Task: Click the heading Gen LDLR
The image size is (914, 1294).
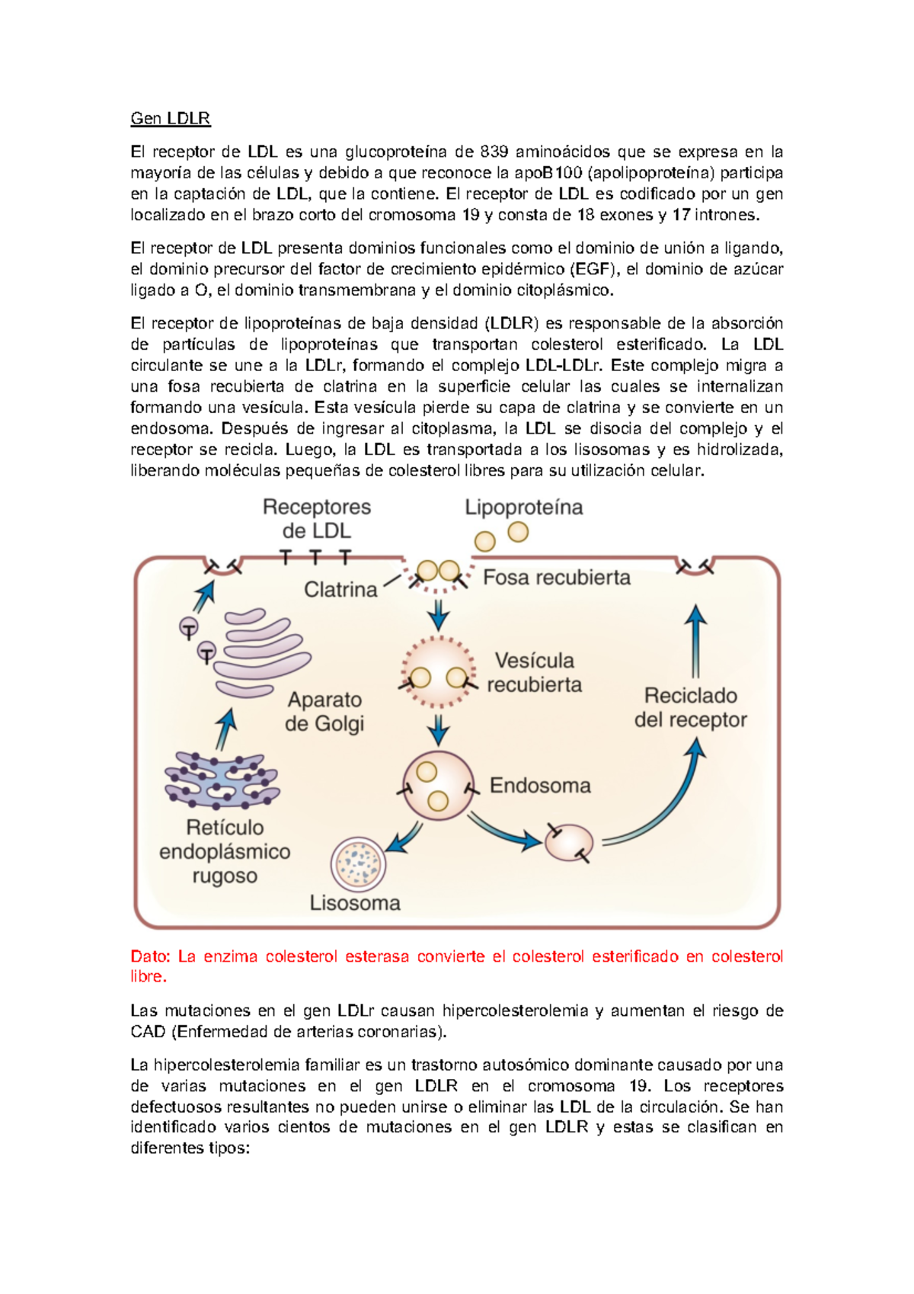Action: [x=170, y=118]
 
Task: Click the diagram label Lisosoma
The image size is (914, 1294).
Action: [x=355, y=903]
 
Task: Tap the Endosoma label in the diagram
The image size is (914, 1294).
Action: [x=540, y=786]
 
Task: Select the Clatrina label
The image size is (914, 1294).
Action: [x=340, y=589]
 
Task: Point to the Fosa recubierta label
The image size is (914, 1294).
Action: [x=557, y=578]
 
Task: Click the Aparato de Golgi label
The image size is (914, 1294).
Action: [x=324, y=712]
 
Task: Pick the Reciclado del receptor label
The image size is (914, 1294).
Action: [x=690, y=707]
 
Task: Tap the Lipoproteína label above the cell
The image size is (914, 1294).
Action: [x=524, y=508]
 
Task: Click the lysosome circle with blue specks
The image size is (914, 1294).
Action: [x=359, y=864]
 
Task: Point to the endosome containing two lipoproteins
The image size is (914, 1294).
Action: [x=437, y=786]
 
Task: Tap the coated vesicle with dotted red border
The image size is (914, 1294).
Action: [x=438, y=671]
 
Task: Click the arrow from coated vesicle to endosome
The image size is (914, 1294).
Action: [x=438, y=729]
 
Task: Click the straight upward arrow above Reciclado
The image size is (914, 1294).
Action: [x=695, y=641]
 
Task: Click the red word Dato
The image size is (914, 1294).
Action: [x=150, y=956]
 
